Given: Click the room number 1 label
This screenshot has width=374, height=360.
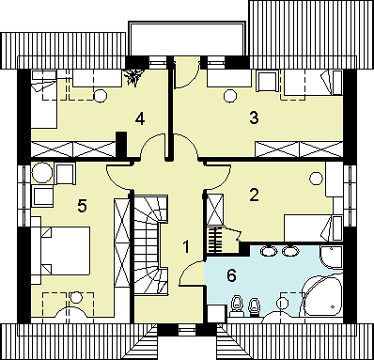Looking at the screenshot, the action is pos(186,246).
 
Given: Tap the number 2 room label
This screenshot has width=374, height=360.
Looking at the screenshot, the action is pos(254,195).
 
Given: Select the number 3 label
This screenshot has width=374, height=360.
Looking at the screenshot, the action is pos(254,118).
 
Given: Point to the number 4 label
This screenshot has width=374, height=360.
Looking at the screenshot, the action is pos(140,119).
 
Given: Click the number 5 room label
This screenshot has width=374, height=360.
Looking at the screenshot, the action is pos(82,206).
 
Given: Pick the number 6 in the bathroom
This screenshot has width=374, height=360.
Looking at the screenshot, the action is pos(231,275).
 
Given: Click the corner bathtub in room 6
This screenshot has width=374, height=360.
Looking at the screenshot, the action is pos(321,296).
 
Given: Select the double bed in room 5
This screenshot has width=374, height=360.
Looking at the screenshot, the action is pos(61,251).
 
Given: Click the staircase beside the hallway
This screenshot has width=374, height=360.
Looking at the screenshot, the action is pos(151,244).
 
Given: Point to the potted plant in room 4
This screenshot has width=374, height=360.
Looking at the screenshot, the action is pos(134,77).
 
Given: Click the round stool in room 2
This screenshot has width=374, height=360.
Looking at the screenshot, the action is pos(316,179).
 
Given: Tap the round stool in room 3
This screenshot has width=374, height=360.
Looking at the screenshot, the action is pos(230,96).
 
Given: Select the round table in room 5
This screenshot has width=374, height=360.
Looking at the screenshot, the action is pos(42,173).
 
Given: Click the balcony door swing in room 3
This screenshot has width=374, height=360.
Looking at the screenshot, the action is pos(187,74).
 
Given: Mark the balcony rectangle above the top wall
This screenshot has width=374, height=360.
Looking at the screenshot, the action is pos(187,39).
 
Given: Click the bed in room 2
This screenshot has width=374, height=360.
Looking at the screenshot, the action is pos(313,227).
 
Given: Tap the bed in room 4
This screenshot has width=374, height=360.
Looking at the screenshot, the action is pos(44,99).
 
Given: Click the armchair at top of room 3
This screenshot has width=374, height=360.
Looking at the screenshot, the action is pos(268,81).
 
